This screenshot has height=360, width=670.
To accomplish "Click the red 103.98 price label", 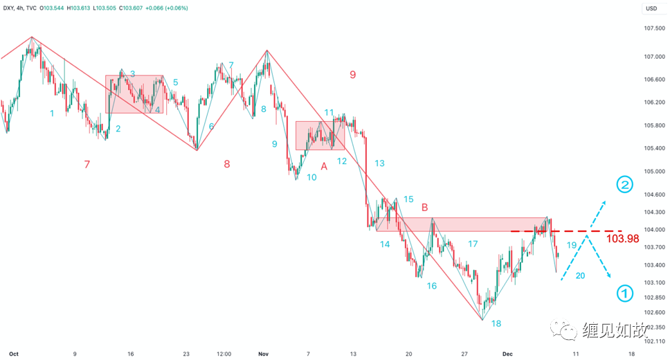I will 622,239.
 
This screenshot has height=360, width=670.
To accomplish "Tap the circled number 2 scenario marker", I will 625,185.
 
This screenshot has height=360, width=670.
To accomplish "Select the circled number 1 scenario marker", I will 625,294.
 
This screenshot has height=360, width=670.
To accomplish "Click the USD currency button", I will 651,8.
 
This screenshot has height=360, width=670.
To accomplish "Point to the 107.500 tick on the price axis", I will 654,28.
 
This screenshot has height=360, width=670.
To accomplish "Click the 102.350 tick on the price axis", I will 654,327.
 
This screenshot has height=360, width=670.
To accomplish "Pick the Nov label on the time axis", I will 262,353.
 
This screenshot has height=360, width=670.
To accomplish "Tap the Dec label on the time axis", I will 506,353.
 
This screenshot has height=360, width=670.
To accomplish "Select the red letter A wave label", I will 324,166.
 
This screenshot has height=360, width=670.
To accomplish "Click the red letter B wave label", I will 425,207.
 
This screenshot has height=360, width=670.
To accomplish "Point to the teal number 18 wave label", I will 496,324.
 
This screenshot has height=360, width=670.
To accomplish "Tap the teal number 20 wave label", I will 580,276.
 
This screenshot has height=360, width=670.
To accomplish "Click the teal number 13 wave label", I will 379,163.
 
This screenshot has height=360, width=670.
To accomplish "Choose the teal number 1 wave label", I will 52,113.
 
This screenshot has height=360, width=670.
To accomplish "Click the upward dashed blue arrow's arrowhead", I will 602,202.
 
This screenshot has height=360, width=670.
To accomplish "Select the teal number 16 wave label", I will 431,285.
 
